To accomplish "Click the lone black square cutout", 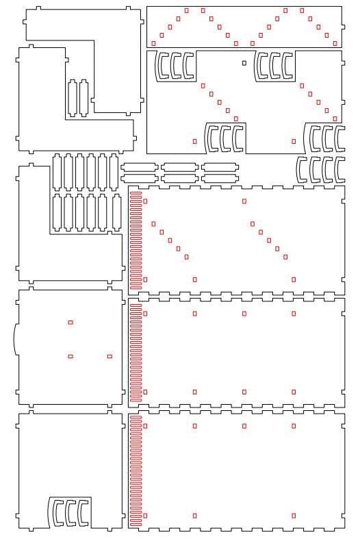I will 244,63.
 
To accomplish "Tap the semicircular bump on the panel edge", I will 15,338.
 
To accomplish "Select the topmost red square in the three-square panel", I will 70,322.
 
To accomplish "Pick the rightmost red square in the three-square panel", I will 110,356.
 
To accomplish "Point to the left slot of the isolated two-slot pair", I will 73,98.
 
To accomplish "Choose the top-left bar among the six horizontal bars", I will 139,166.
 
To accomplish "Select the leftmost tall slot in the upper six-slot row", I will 57,171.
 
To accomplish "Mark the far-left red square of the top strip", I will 153,43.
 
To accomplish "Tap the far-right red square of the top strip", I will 335,43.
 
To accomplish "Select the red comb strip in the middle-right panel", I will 136,353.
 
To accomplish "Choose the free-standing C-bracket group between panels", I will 320,168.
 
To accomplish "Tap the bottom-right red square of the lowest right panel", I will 294,515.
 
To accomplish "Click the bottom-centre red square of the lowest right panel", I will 195,515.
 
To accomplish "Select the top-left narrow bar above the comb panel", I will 139,166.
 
